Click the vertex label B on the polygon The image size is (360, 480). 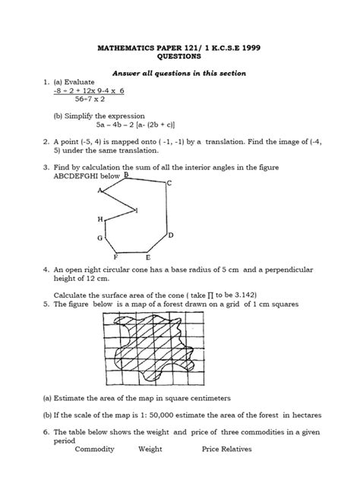[125, 175]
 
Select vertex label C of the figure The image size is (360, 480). [169, 183]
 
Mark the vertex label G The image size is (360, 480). [99, 238]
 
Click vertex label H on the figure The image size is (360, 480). [99, 219]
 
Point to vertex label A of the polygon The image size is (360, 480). [99, 191]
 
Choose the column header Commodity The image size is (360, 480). [94, 449]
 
